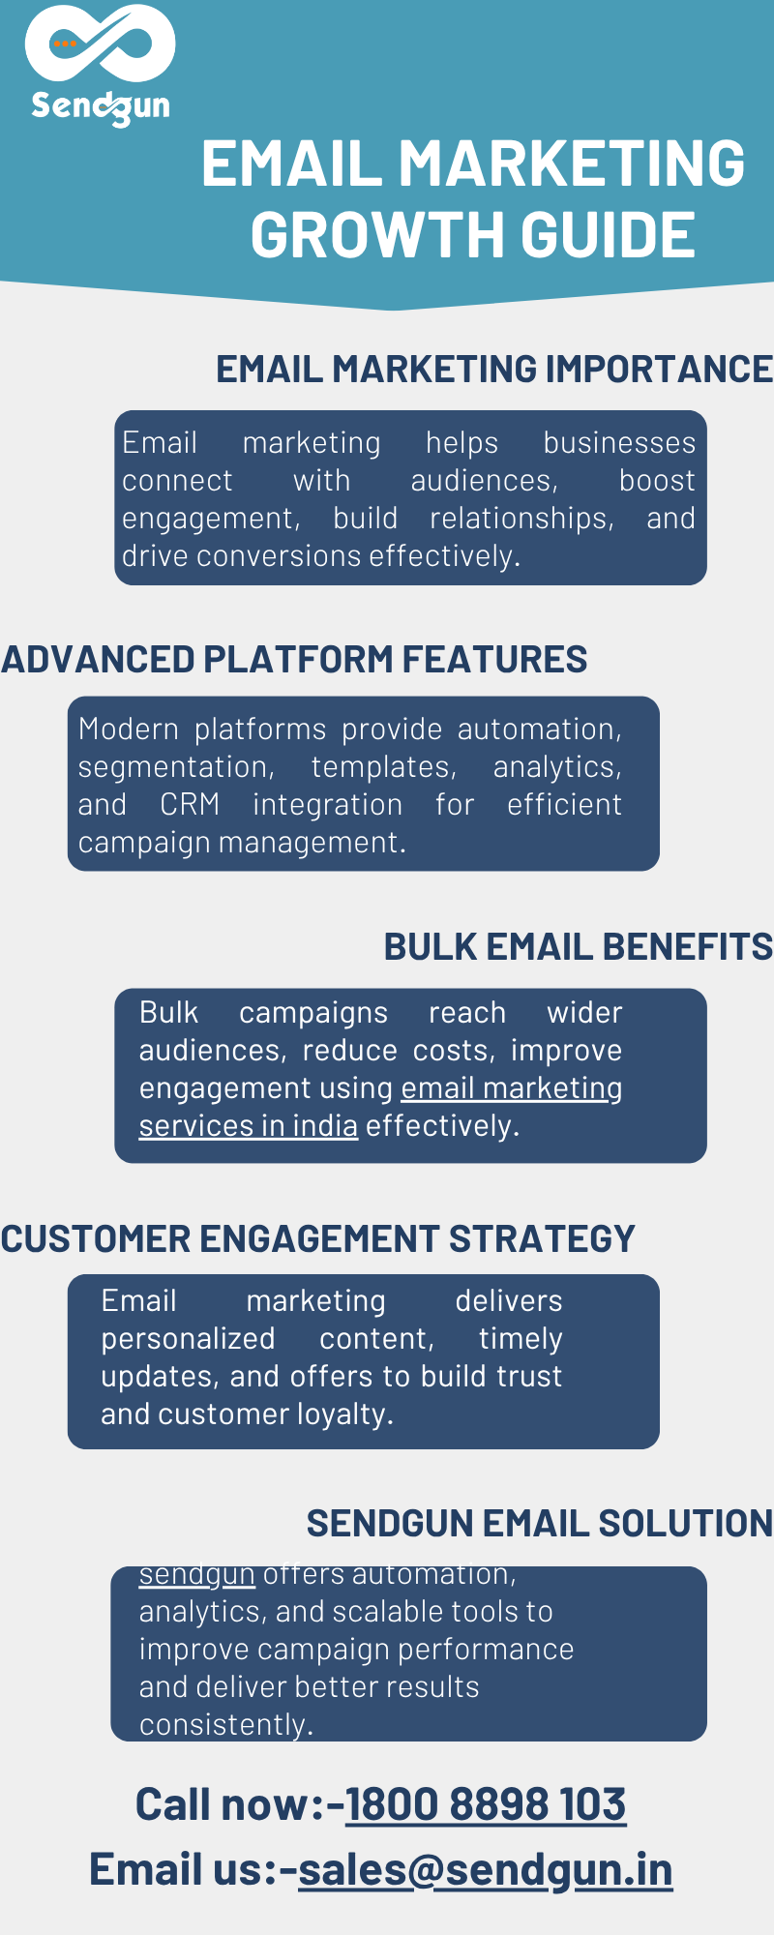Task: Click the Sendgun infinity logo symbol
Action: pyautogui.click(x=100, y=44)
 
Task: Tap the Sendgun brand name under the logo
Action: pyautogui.click(x=101, y=106)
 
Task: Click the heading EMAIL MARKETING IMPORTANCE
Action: pyautogui.click(x=494, y=369)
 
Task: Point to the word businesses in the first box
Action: pyautogui.click(x=619, y=443)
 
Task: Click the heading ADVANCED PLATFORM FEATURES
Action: pyautogui.click(x=294, y=659)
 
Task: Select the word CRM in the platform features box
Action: pyautogui.click(x=190, y=805)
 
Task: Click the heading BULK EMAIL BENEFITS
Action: pyautogui.click(x=579, y=946)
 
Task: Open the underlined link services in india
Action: pyautogui.click(x=249, y=1126)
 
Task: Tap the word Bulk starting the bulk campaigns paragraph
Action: pyautogui.click(x=168, y=1013)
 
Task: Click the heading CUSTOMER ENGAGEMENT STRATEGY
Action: pyautogui.click(x=318, y=1238)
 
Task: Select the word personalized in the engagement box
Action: pyautogui.click(x=189, y=1340)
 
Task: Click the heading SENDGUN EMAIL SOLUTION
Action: pyautogui.click(x=540, y=1523)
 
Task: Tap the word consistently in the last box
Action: pyautogui.click(x=226, y=1724)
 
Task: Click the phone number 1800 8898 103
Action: pyautogui.click(x=486, y=1804)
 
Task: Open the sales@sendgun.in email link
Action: pyautogui.click(x=486, y=1869)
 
